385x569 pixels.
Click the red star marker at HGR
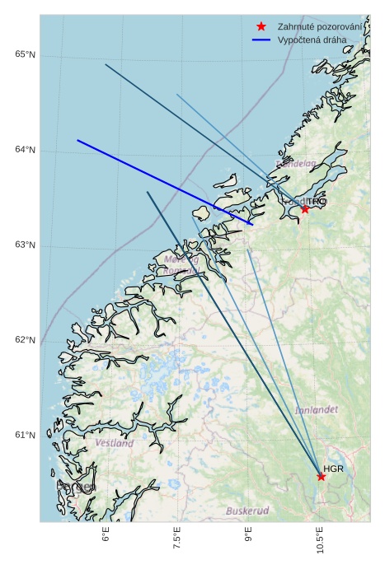point(321,476)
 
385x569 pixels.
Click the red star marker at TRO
point(305,208)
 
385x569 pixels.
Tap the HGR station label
point(333,469)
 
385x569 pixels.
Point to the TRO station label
point(317,201)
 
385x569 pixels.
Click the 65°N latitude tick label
point(25,54)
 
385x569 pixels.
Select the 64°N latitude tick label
point(25,150)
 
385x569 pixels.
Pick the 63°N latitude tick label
point(25,245)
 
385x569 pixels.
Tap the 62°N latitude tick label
point(25,340)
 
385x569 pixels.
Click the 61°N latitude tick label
point(25,435)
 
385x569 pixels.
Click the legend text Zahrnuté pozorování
point(320,27)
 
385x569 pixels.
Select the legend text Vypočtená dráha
point(312,40)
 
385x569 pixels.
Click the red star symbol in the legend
point(261,27)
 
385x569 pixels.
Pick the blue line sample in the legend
point(261,40)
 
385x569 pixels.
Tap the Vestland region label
point(114,443)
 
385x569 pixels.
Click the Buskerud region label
point(247,511)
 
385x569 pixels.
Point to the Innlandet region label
point(316,409)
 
